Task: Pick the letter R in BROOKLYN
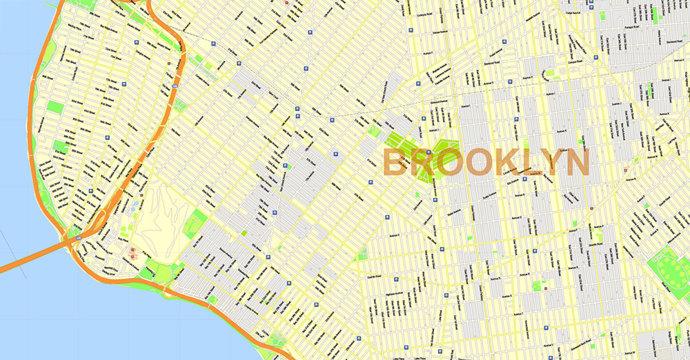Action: pos(422,163)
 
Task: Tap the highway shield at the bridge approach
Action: pos(78,237)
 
